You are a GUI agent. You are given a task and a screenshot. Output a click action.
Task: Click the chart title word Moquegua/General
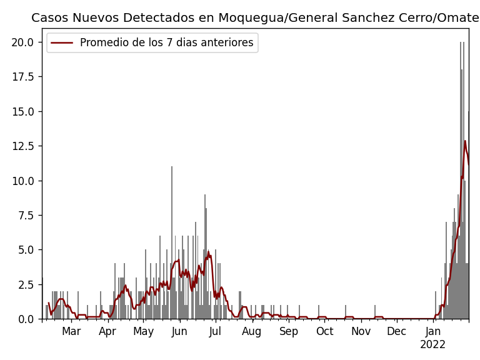(256, 18)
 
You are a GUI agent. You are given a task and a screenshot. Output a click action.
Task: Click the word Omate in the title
(460, 18)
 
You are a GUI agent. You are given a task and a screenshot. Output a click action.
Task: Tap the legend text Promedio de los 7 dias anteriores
(166, 43)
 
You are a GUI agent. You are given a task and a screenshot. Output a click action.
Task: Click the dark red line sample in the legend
(62, 43)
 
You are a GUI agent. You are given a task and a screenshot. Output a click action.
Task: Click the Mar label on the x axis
(71, 331)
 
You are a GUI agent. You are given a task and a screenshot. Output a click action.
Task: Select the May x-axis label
(144, 331)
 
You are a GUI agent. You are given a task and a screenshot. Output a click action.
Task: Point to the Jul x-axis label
(215, 331)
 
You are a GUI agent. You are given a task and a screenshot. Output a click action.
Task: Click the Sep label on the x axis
(289, 331)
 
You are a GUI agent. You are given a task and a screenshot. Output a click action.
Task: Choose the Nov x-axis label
(361, 331)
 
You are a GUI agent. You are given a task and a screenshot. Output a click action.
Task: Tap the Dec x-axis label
(396, 331)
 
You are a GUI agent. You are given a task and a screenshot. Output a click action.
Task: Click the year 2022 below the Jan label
(432, 345)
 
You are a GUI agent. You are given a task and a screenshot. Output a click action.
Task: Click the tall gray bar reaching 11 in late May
(172, 244)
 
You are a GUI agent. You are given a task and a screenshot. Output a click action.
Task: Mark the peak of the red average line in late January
(465, 141)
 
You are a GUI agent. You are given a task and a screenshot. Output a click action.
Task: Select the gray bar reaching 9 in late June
(204, 256)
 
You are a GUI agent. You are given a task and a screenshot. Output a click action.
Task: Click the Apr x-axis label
(107, 331)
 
